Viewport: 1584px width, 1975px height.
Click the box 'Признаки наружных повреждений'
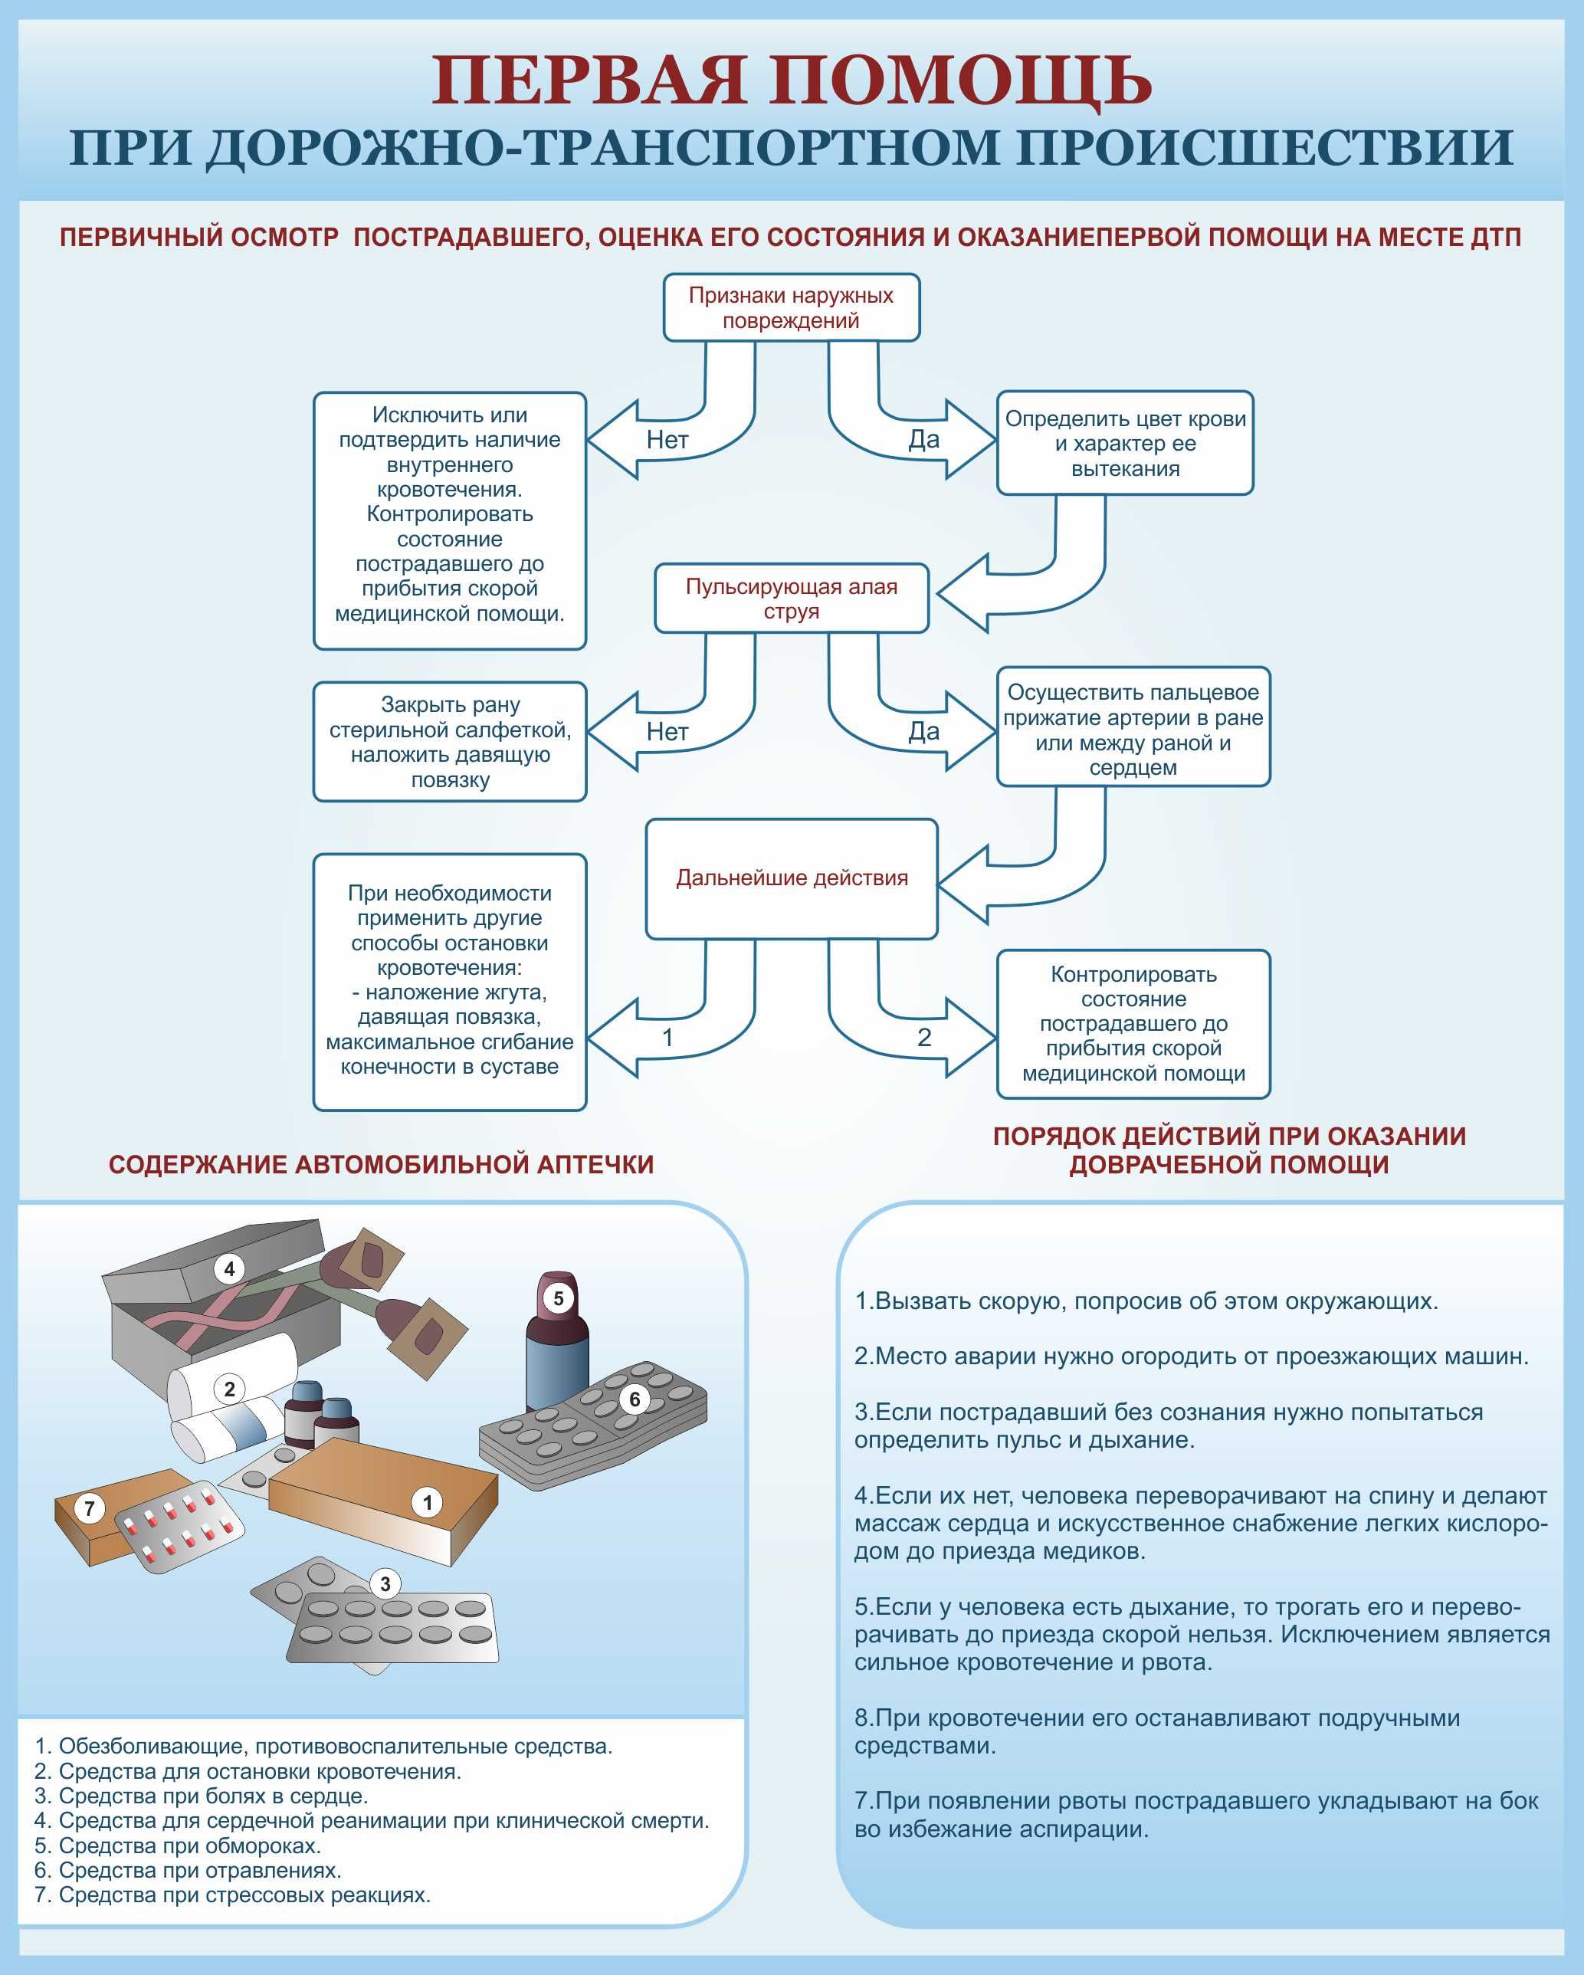pyautogui.click(x=791, y=308)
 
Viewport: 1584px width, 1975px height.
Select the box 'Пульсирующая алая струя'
pyautogui.click(x=791, y=599)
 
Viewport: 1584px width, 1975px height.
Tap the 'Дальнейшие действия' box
pyautogui.click(x=791, y=878)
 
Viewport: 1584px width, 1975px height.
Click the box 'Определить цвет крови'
pyautogui.click(x=1124, y=444)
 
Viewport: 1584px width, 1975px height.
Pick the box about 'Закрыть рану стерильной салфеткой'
pyautogui.click(x=450, y=742)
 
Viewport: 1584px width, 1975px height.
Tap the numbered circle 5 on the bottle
pyautogui.click(x=558, y=1298)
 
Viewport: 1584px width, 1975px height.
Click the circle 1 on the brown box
pyautogui.click(x=427, y=1502)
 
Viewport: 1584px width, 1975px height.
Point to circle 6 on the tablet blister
pyautogui.click(x=634, y=1399)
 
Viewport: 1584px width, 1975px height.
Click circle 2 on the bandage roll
pyautogui.click(x=229, y=1389)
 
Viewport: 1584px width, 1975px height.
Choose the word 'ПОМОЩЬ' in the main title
pyautogui.click(x=959, y=80)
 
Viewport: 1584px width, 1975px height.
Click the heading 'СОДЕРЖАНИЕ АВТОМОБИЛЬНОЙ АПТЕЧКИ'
pyautogui.click(x=381, y=1164)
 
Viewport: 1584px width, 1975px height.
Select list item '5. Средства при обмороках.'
pyautogui.click(x=178, y=1845)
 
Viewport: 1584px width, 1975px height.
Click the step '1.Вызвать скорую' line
pyautogui.click(x=1145, y=1301)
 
